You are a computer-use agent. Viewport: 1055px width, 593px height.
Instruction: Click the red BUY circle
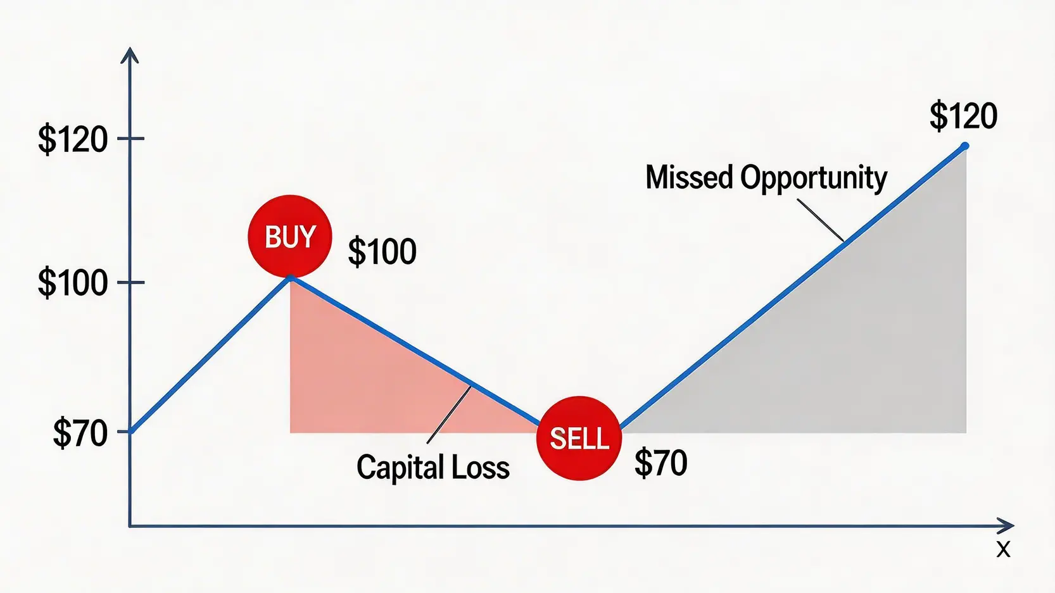[x=290, y=236]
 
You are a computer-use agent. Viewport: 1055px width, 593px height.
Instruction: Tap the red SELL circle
[x=579, y=438]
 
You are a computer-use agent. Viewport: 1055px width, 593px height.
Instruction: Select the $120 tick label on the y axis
[x=73, y=140]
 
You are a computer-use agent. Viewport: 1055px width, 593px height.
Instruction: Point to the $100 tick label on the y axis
[x=73, y=284]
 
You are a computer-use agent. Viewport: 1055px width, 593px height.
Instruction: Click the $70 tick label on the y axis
[x=80, y=434]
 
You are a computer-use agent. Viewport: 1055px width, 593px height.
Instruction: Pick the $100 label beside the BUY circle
[x=382, y=252]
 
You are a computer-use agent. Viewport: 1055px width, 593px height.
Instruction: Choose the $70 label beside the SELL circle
[x=660, y=463]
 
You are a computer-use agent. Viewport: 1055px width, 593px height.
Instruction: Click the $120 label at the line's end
[x=963, y=116]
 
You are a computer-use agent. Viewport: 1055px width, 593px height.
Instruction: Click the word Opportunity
[x=814, y=179]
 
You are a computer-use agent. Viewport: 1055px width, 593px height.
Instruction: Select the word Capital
[x=400, y=468]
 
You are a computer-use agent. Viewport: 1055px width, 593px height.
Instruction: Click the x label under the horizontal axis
[x=1003, y=549]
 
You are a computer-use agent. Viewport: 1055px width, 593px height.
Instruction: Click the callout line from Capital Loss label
[x=449, y=415]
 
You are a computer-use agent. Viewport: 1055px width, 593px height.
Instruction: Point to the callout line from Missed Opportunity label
[x=821, y=220]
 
